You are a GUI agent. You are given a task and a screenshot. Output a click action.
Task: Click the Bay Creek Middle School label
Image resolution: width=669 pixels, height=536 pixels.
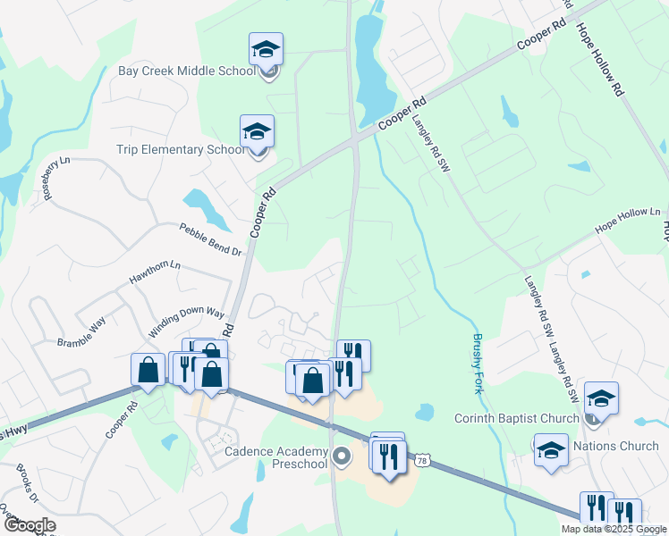click(x=187, y=71)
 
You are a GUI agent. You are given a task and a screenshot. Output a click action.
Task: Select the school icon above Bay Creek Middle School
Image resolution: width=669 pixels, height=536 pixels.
click(x=266, y=48)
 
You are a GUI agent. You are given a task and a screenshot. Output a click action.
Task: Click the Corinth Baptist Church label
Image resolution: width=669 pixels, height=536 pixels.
click(x=517, y=418)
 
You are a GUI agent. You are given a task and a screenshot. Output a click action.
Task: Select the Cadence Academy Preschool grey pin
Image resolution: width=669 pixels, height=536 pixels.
click(x=341, y=456)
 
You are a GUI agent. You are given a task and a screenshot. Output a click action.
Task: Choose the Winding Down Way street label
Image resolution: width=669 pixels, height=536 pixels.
click(x=186, y=322)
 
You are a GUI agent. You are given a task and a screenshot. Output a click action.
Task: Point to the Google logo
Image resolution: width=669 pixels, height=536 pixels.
click(x=30, y=525)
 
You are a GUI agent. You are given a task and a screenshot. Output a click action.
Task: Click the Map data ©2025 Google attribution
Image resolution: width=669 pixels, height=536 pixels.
click(x=614, y=529)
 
